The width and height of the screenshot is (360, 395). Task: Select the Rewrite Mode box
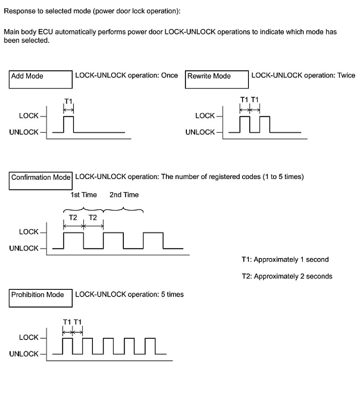[x=216, y=79]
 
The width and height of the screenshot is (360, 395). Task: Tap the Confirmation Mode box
[x=40, y=181]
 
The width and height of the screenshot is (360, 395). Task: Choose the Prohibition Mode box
[x=40, y=299]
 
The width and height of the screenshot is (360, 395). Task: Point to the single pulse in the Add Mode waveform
[x=69, y=124]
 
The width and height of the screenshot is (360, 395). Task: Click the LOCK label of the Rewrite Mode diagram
[x=205, y=116]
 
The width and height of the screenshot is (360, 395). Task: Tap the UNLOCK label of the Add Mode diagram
[x=24, y=132]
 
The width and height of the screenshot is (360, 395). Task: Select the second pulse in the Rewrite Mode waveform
[x=265, y=124]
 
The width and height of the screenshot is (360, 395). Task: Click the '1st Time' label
[x=83, y=195]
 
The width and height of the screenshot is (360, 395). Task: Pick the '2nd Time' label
[x=124, y=195]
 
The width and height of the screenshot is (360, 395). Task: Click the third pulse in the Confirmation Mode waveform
[x=153, y=240]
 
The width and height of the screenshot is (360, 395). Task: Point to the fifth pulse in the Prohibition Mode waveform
[x=150, y=346]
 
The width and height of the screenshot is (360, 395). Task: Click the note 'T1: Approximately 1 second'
[x=285, y=260]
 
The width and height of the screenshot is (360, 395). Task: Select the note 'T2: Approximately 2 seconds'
[x=287, y=276]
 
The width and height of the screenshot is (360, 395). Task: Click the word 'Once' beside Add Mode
[x=170, y=75]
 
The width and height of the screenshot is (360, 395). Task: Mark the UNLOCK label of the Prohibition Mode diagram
[x=24, y=354]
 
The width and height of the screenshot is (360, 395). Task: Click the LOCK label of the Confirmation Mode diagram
[x=29, y=232]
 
